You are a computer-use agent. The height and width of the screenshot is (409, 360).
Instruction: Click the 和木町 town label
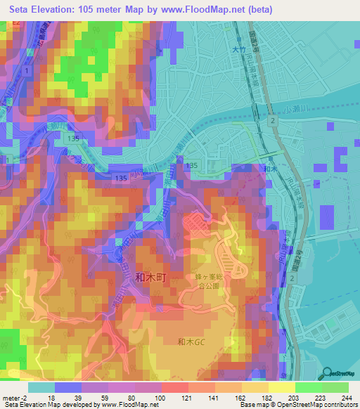[150, 278]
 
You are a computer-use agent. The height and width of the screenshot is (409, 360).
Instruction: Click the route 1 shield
[26, 72]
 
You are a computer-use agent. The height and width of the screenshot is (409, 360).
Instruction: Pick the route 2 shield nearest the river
[271, 122]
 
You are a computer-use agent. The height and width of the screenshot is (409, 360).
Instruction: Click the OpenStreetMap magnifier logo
[328, 374]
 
